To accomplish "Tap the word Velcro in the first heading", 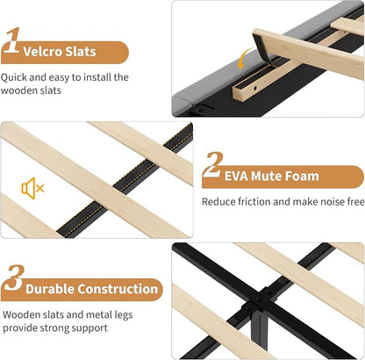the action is point(42,52).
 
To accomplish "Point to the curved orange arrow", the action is point(243,58).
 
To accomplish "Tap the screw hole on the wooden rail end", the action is point(255,88).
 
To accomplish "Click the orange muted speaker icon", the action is point(32,188).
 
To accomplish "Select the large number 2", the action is point(213,164).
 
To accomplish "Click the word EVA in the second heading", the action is point(236,176).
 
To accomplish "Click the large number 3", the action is point(14,277).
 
